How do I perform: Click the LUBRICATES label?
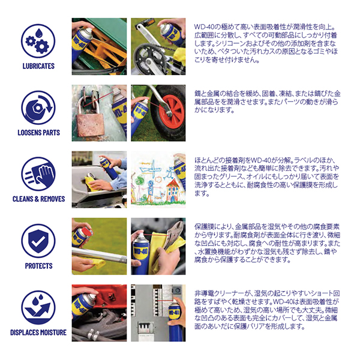pyautogui.click(x=38, y=66)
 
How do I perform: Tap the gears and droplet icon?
pyautogui.click(x=38, y=41)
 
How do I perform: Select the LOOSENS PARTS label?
pyautogui.click(x=38, y=133)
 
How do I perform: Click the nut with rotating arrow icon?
pyautogui.click(x=38, y=107)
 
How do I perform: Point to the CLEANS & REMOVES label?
pyautogui.click(x=38, y=199)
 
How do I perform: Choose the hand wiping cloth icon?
pyautogui.click(x=38, y=174)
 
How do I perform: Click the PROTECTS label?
pyautogui.click(x=38, y=266)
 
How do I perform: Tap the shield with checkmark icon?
pyautogui.click(x=38, y=241)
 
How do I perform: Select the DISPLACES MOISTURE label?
pyautogui.click(x=38, y=332)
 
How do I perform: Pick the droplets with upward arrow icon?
pyautogui.click(x=38, y=308)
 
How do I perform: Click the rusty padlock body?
pyautogui.click(x=90, y=125)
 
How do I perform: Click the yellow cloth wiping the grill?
pyautogui.click(x=91, y=184)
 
